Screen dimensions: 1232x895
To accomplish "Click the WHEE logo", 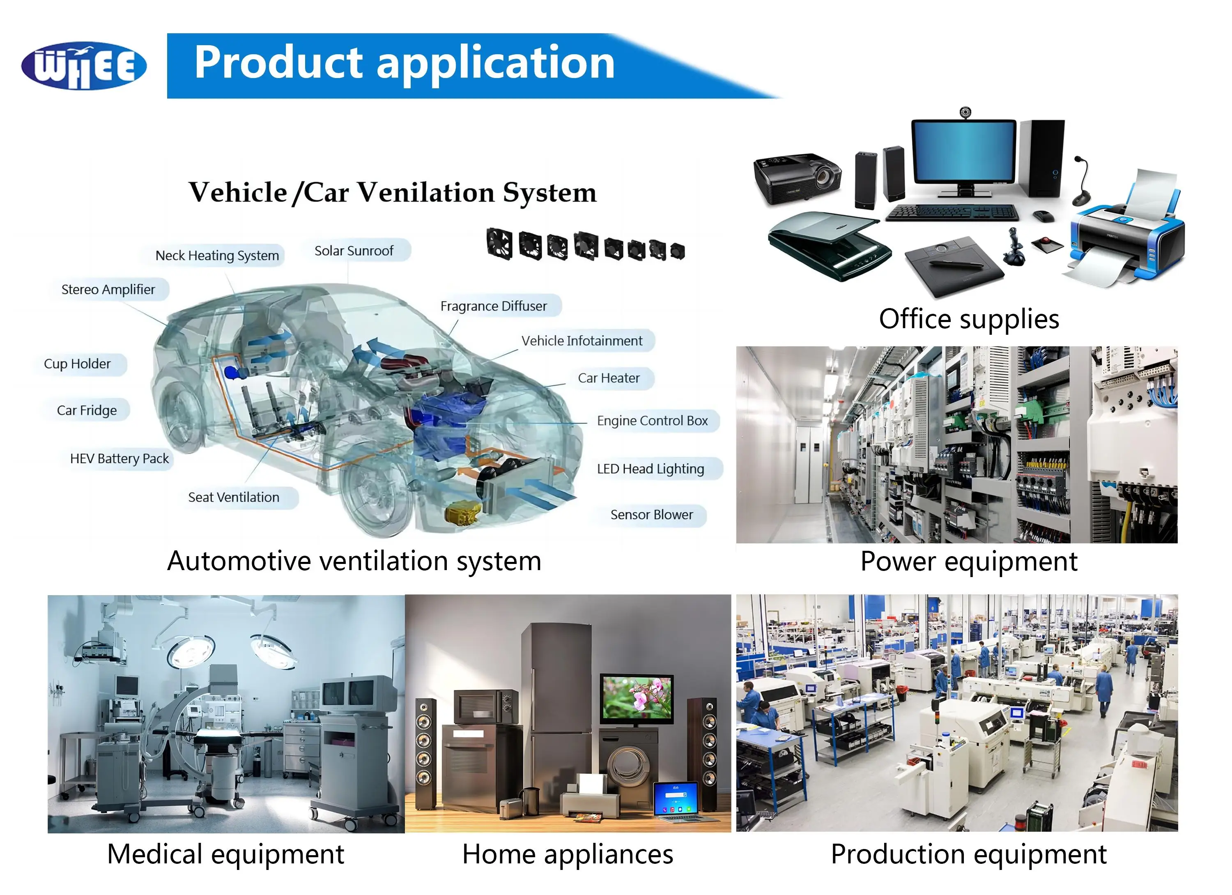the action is click(84, 66).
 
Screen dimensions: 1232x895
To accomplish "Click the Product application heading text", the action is click(405, 63).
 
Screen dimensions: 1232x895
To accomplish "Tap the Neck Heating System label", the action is click(217, 255).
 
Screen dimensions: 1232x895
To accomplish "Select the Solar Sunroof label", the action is click(354, 251).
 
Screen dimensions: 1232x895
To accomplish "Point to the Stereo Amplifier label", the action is click(108, 289).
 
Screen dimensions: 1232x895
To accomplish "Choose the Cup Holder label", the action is click(77, 364).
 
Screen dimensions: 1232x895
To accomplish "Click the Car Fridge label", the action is click(87, 410).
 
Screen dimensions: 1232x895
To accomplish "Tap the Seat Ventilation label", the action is click(234, 497).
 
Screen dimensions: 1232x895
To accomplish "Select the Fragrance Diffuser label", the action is click(493, 306).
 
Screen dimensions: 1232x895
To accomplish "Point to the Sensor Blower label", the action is click(652, 515).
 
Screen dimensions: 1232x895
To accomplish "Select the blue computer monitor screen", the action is click(964, 153).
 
